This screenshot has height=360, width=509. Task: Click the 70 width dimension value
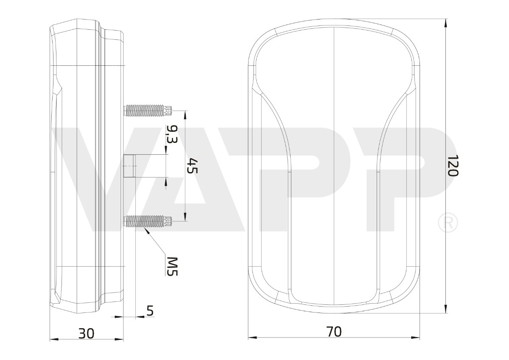(334, 332)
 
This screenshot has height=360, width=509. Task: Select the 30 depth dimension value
(87, 334)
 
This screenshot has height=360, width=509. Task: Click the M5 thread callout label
(172, 266)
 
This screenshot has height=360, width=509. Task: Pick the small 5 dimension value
(150, 310)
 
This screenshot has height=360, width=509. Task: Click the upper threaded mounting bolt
(148, 110)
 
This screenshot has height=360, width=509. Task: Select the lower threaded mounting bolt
(148, 221)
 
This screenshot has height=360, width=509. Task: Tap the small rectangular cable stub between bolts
(129, 166)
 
